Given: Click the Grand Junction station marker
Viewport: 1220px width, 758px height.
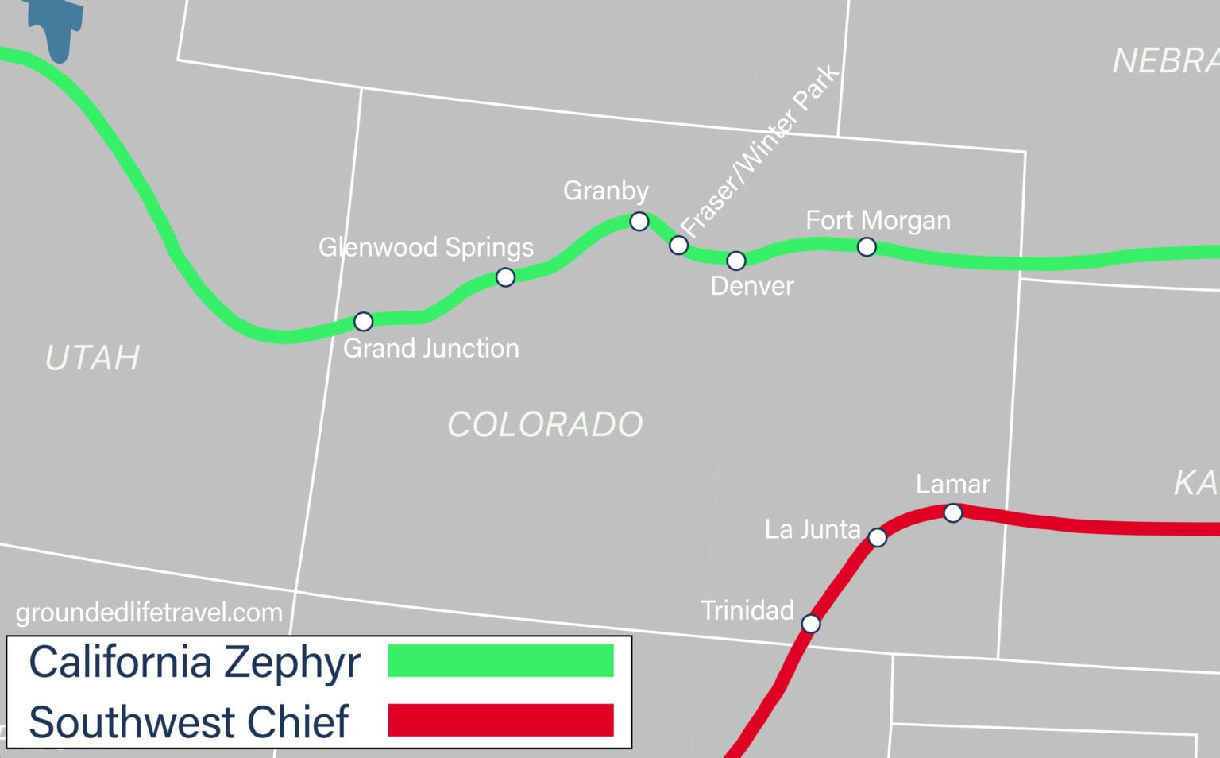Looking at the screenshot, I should [363, 322].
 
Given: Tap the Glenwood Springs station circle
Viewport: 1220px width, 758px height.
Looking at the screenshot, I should [505, 277].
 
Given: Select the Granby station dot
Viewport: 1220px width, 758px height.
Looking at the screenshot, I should [639, 221].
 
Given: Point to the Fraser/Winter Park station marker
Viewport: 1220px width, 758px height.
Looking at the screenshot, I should [678, 245].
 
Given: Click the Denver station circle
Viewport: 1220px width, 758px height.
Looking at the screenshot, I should [736, 261].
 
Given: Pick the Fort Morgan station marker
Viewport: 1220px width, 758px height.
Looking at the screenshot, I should [867, 247].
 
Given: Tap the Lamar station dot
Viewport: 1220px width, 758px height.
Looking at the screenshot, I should [953, 513].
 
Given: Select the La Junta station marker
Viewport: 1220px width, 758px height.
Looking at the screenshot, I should [877, 538].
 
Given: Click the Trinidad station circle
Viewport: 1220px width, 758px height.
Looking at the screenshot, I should [811, 624].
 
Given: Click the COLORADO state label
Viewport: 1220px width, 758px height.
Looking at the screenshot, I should [545, 424].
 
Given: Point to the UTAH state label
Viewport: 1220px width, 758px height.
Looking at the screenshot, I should [93, 358].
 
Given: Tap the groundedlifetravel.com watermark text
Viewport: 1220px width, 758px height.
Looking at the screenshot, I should [149, 613].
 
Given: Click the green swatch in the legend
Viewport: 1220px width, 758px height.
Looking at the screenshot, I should [500, 660].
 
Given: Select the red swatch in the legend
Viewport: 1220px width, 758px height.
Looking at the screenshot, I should [500, 720].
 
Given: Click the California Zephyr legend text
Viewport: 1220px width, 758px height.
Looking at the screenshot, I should [195, 662].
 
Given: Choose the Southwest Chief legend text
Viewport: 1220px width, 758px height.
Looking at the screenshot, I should [189, 721].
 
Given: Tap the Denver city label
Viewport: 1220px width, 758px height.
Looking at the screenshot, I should [751, 286].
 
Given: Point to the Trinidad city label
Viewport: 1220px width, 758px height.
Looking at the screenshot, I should [747, 610].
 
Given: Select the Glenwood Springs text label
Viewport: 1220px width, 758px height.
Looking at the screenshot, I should [426, 247].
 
